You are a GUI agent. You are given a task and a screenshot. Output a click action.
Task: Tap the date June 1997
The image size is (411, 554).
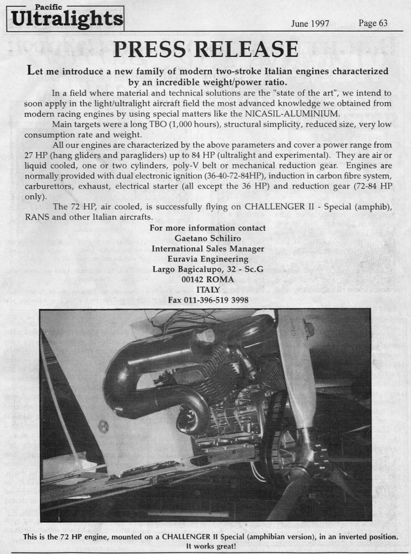point(310,23)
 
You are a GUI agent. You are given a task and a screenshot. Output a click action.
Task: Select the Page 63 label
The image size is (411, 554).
point(373,23)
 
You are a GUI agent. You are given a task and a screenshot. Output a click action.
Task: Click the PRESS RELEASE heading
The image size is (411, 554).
point(205,49)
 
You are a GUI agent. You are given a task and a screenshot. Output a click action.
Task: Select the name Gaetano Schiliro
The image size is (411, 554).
point(208,238)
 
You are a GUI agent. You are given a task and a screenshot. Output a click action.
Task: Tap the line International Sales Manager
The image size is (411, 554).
point(208,248)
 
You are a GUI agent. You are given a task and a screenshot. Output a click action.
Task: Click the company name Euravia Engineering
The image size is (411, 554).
point(208,259)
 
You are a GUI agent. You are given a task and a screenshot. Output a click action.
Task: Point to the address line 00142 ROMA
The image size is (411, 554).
point(208,279)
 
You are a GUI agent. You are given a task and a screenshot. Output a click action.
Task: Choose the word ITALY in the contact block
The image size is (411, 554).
point(208,289)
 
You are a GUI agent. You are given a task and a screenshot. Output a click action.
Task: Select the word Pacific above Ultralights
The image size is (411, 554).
point(48,6)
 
